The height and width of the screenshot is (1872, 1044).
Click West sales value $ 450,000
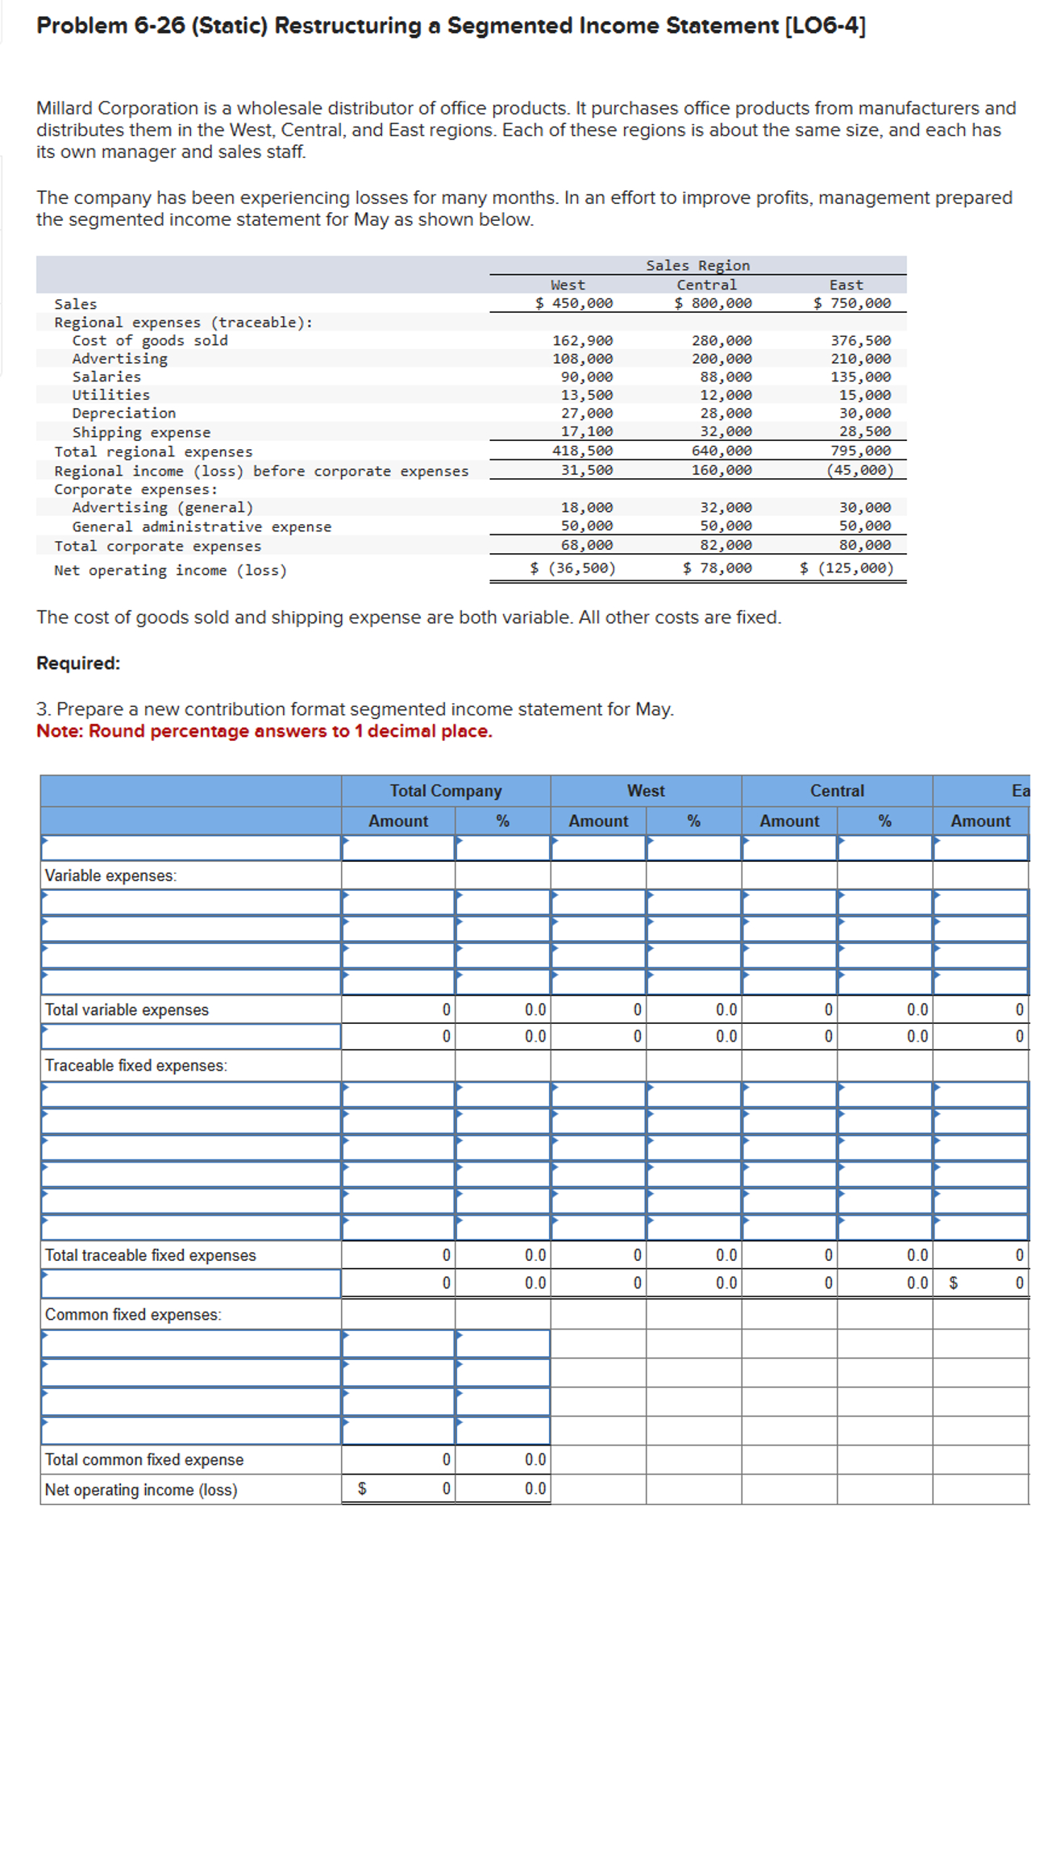coord(573,303)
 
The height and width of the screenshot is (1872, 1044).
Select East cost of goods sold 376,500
coord(860,341)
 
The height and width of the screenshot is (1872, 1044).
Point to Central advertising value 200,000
coord(721,359)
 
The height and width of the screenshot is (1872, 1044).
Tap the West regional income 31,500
coord(586,470)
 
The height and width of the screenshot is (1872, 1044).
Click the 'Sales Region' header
coord(697,265)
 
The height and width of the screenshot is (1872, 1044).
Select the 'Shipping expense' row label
coord(141,433)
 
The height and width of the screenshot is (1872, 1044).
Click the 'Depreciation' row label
coord(123,413)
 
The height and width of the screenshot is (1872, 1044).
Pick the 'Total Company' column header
coord(445,791)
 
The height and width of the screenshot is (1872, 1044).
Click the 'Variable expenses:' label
coord(110,876)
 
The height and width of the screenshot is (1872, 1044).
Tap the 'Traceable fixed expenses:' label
coord(135,1066)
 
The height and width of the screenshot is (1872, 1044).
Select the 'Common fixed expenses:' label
coord(133,1315)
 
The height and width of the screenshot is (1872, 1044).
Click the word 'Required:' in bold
coord(78,664)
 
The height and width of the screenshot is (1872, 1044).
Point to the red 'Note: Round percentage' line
coord(264,731)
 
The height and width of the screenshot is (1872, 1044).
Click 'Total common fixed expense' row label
coord(143,1460)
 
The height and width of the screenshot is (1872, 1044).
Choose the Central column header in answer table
coord(836,791)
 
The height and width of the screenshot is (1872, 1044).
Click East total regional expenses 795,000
coord(860,451)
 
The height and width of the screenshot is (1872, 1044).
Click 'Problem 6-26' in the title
coord(110,26)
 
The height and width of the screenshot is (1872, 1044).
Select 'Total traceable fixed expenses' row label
coord(150,1255)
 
